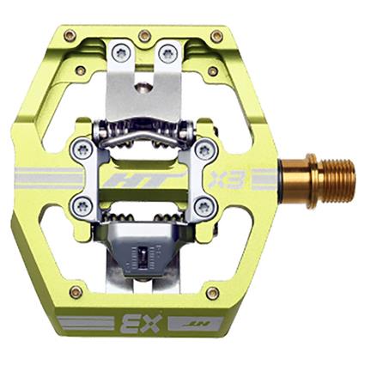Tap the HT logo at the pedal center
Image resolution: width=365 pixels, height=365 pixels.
(155, 182)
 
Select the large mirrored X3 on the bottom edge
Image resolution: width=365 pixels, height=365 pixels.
(138, 324)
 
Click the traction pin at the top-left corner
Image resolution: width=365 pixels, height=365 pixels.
(70, 36)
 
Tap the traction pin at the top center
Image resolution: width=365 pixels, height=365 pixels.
(144, 35)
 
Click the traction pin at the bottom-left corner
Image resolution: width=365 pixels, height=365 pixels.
(76, 293)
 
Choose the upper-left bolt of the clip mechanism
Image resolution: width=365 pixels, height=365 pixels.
(82, 149)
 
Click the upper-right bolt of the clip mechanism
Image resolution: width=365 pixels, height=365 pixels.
(204, 149)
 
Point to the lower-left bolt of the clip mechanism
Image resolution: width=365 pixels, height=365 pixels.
(82, 205)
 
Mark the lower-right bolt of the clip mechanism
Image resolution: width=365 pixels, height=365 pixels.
(204, 206)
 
